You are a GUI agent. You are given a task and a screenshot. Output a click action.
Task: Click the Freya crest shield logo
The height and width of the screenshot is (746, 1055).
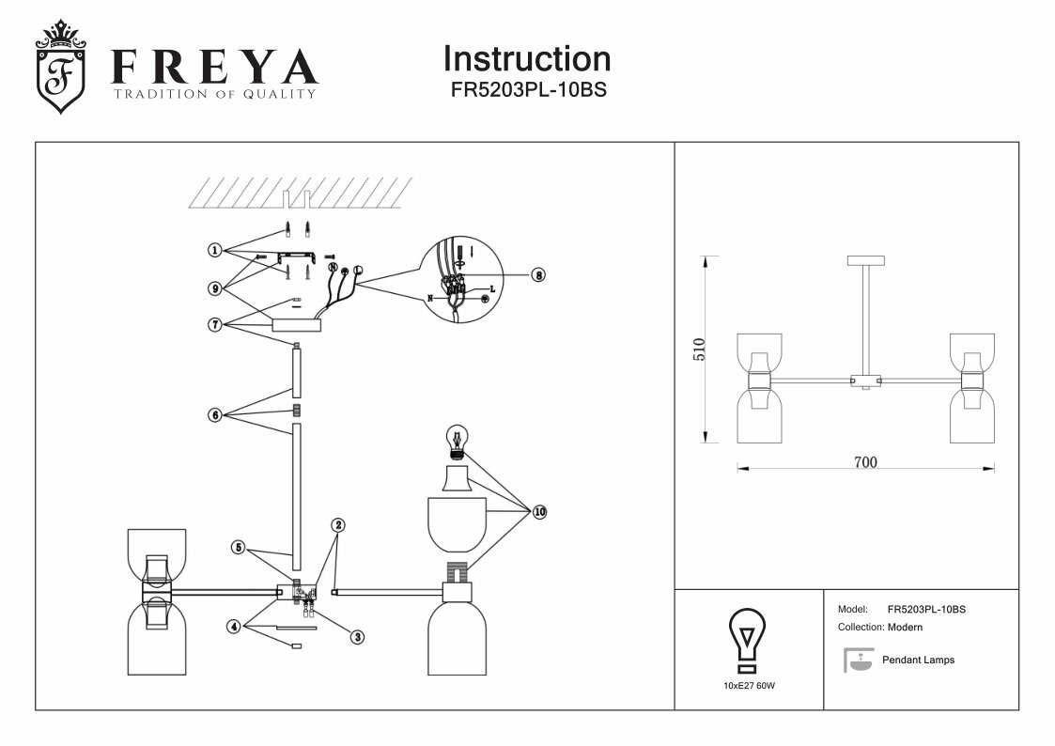(60, 68)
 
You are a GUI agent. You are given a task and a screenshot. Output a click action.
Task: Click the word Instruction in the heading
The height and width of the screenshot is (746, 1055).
(526, 59)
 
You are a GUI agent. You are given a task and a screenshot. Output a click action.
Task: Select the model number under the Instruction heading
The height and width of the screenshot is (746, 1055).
(527, 92)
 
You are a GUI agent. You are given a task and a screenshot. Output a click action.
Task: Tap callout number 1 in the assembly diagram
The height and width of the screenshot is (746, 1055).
(215, 251)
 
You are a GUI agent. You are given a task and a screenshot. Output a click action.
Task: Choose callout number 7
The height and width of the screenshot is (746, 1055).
(215, 324)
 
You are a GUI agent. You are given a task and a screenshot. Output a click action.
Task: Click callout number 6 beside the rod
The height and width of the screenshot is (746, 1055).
(215, 414)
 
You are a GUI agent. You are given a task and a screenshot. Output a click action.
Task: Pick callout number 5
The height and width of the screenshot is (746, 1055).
(239, 546)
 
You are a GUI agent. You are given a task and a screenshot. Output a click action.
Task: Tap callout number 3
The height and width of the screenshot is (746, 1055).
(357, 636)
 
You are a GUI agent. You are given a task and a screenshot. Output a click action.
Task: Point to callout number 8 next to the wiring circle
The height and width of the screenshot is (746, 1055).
(538, 275)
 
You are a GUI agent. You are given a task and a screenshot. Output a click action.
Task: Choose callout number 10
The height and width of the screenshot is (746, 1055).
(539, 512)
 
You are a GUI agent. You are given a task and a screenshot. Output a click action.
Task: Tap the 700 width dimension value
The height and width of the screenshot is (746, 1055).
(864, 462)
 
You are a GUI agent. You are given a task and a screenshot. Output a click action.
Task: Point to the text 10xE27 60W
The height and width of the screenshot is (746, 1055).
(749, 686)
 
